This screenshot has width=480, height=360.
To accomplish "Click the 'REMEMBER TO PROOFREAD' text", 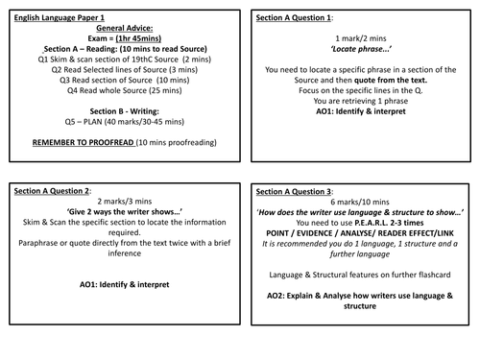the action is tap(85, 143).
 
